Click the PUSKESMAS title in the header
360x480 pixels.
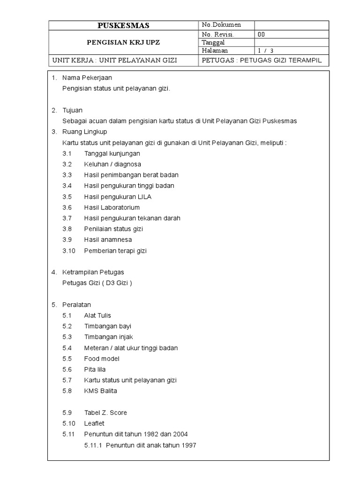click(x=124, y=25)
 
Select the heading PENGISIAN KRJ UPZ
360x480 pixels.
click(x=124, y=42)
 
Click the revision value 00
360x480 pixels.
click(x=262, y=34)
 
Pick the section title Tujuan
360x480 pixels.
click(x=73, y=110)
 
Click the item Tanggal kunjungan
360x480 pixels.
click(x=112, y=153)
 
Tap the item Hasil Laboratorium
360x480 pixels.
click(x=112, y=207)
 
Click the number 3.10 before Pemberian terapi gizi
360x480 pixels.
click(x=69, y=251)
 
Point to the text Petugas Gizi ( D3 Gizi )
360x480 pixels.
click(x=97, y=283)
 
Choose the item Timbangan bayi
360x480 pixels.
click(x=105, y=326)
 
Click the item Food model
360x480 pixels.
click(x=102, y=359)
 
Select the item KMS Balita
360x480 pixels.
click(x=101, y=391)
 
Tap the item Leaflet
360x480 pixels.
click(x=94, y=423)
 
